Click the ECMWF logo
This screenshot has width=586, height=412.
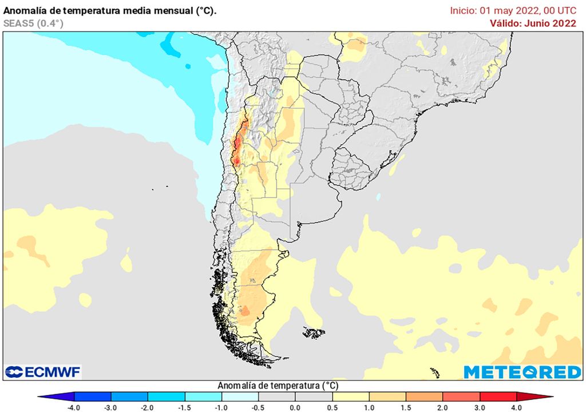(x=43, y=372)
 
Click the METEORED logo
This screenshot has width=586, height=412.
(x=522, y=372)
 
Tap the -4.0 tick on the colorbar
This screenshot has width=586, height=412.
(x=74, y=407)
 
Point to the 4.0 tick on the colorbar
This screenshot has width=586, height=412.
(x=517, y=407)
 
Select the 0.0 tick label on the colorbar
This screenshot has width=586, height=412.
(x=295, y=407)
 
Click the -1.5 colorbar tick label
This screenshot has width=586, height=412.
(x=184, y=407)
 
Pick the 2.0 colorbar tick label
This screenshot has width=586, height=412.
(x=443, y=407)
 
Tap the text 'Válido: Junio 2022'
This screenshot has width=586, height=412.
(x=533, y=23)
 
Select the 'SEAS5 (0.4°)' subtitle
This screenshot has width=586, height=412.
(x=33, y=23)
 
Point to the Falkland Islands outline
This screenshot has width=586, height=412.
(x=314, y=332)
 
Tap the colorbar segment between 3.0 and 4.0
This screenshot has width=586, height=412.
(x=498, y=397)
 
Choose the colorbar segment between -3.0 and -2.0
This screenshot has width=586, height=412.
(x=129, y=397)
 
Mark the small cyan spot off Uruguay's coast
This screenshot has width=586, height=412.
(x=379, y=196)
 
